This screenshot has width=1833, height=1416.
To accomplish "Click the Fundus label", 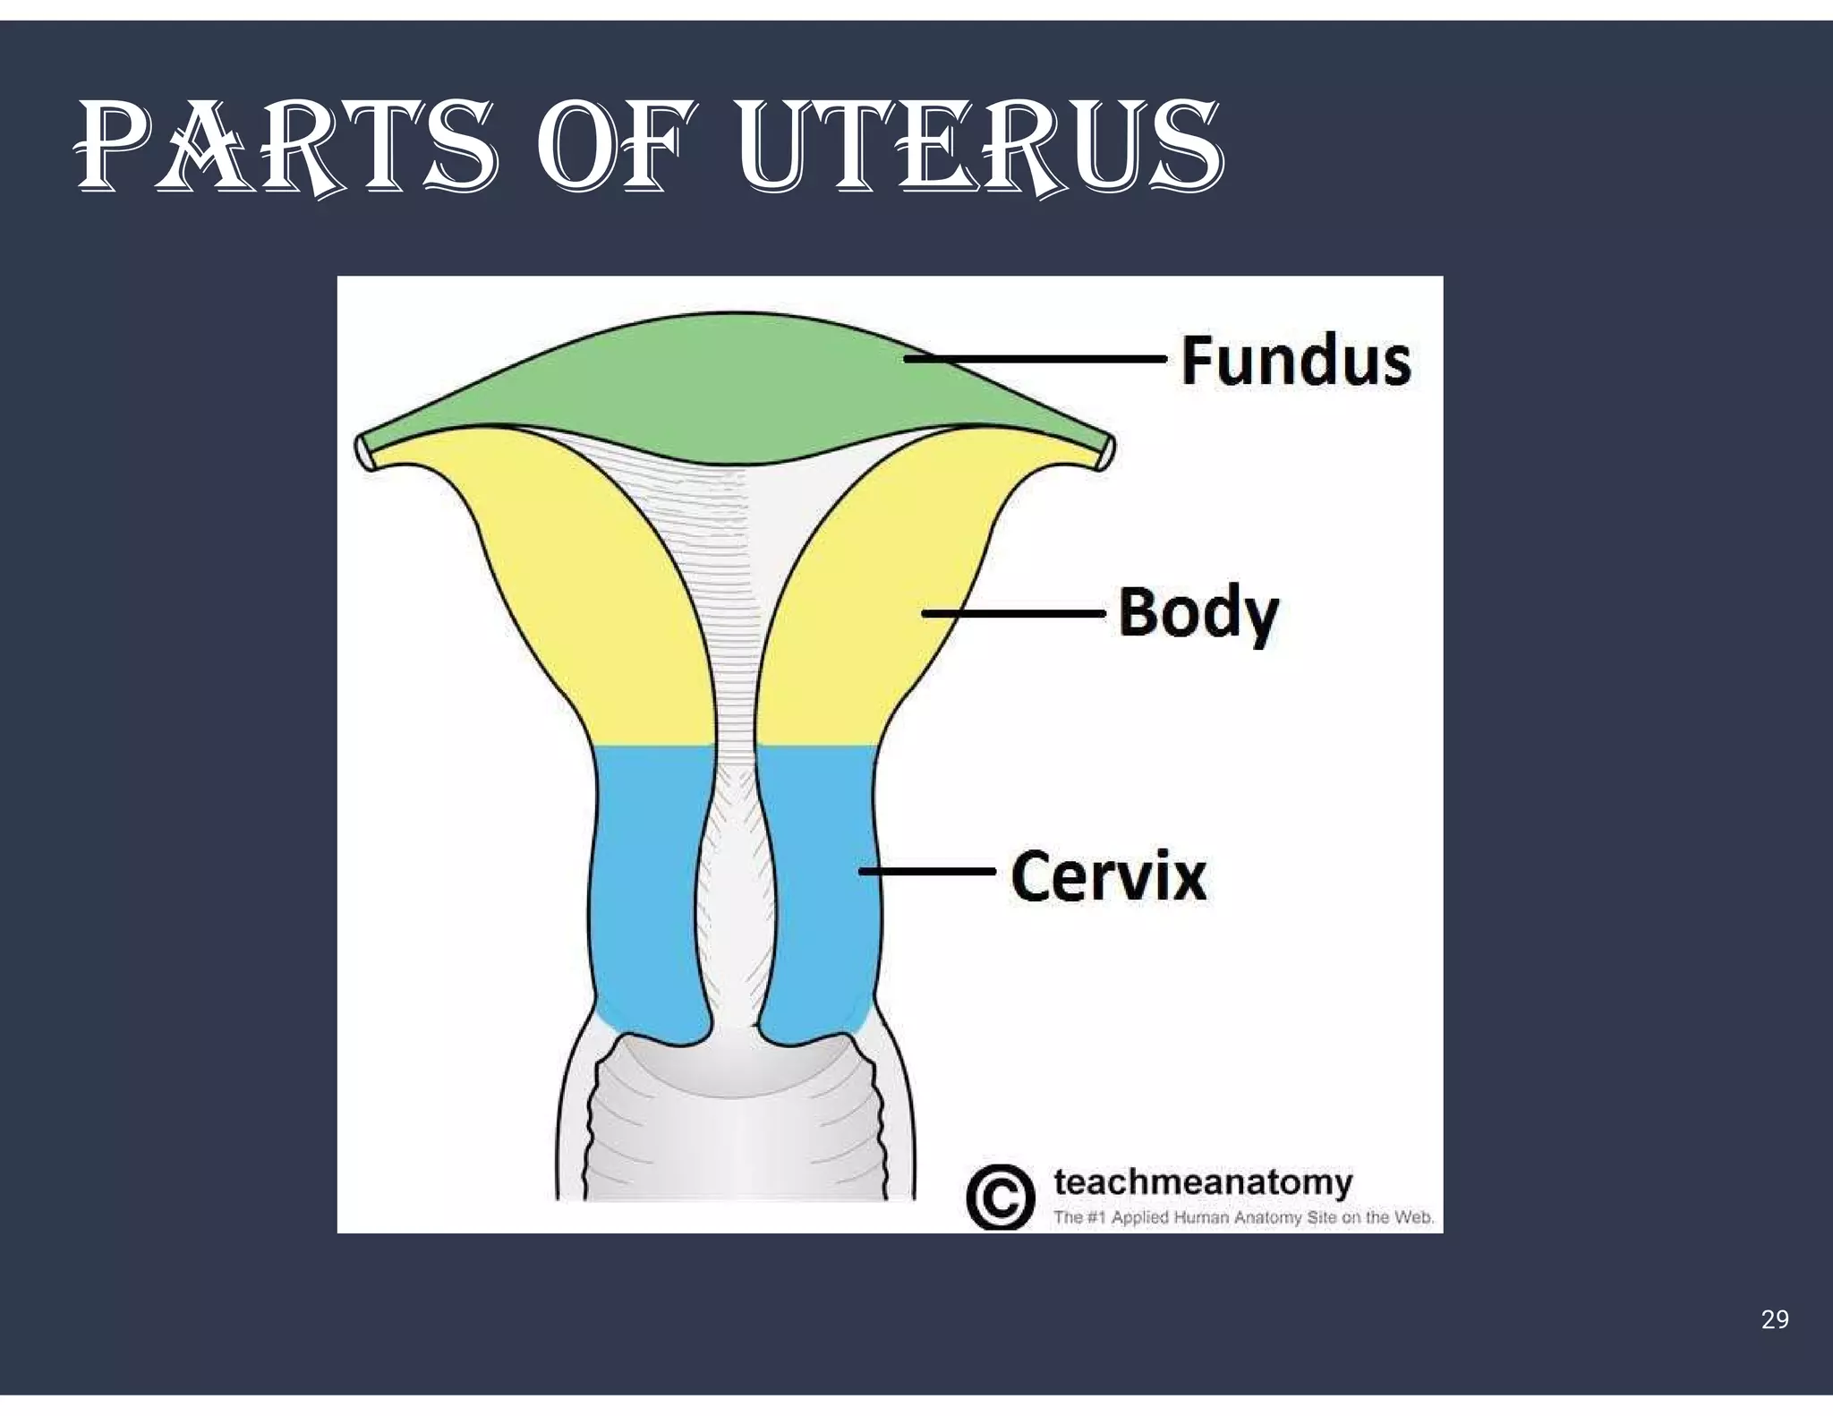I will click(1295, 361).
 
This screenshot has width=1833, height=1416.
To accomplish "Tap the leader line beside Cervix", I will click(926, 870).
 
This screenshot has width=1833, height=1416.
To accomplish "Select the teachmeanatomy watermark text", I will click(1203, 1182).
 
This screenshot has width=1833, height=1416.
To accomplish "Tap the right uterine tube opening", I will click(1107, 450).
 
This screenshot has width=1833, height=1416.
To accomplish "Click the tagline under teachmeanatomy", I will click(1244, 1217).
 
